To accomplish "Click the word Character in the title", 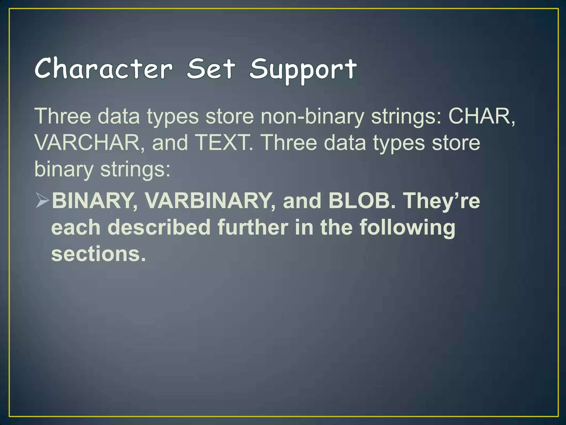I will (104, 68).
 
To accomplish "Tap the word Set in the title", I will (211, 68).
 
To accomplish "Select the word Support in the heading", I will (303, 69).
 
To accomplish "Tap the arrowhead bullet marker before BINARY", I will (42, 201).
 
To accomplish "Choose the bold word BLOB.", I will (362, 201).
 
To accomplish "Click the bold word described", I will (159, 227).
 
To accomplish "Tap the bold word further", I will (253, 227).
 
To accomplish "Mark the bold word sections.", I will (98, 254).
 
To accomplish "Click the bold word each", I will (76, 227).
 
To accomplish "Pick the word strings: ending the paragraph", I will (135, 170).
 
